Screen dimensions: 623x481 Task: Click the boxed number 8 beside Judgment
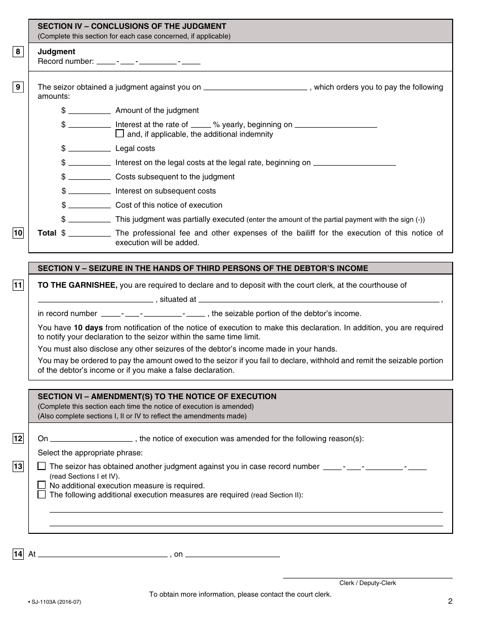(x=18, y=52)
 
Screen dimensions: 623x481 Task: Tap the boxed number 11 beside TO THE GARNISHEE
(x=18, y=285)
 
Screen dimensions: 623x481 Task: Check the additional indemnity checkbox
(x=119, y=134)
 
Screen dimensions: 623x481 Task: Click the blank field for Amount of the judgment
(x=89, y=110)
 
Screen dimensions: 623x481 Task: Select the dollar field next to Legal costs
(x=89, y=148)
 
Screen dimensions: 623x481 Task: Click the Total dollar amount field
(x=89, y=233)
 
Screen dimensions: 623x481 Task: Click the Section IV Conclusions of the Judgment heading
(x=132, y=26)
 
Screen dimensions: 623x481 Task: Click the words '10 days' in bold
(x=88, y=328)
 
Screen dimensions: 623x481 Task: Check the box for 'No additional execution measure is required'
(x=42, y=485)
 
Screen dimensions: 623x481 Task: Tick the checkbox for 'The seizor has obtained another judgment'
(x=42, y=466)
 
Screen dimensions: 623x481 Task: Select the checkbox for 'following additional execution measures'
(x=42, y=494)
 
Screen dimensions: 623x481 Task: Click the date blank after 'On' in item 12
(x=91, y=439)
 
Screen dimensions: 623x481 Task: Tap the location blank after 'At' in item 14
(x=102, y=555)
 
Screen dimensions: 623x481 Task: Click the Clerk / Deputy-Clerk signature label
(x=368, y=583)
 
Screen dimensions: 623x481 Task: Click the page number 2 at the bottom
(x=450, y=601)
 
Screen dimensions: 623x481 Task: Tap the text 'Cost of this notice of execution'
(x=169, y=205)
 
